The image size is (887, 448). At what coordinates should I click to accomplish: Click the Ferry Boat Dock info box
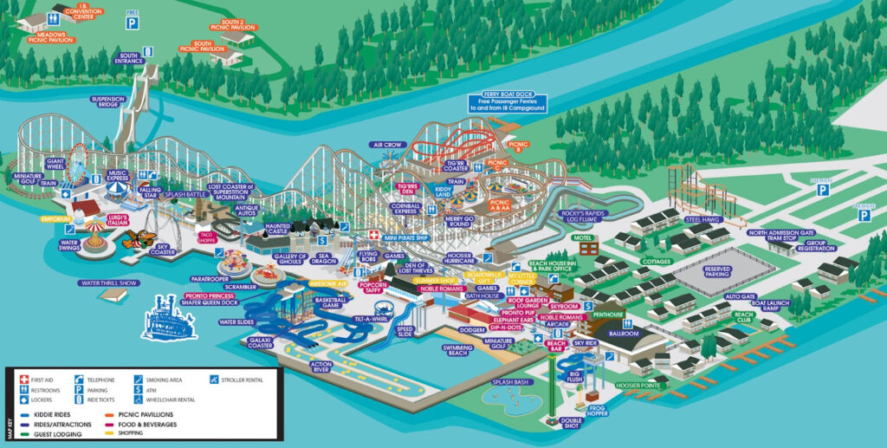(503, 103)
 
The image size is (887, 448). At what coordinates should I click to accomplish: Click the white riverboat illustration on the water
(170, 317)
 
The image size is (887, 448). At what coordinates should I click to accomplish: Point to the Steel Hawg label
(702, 219)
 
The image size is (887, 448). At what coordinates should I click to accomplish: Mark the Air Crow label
(387, 145)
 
